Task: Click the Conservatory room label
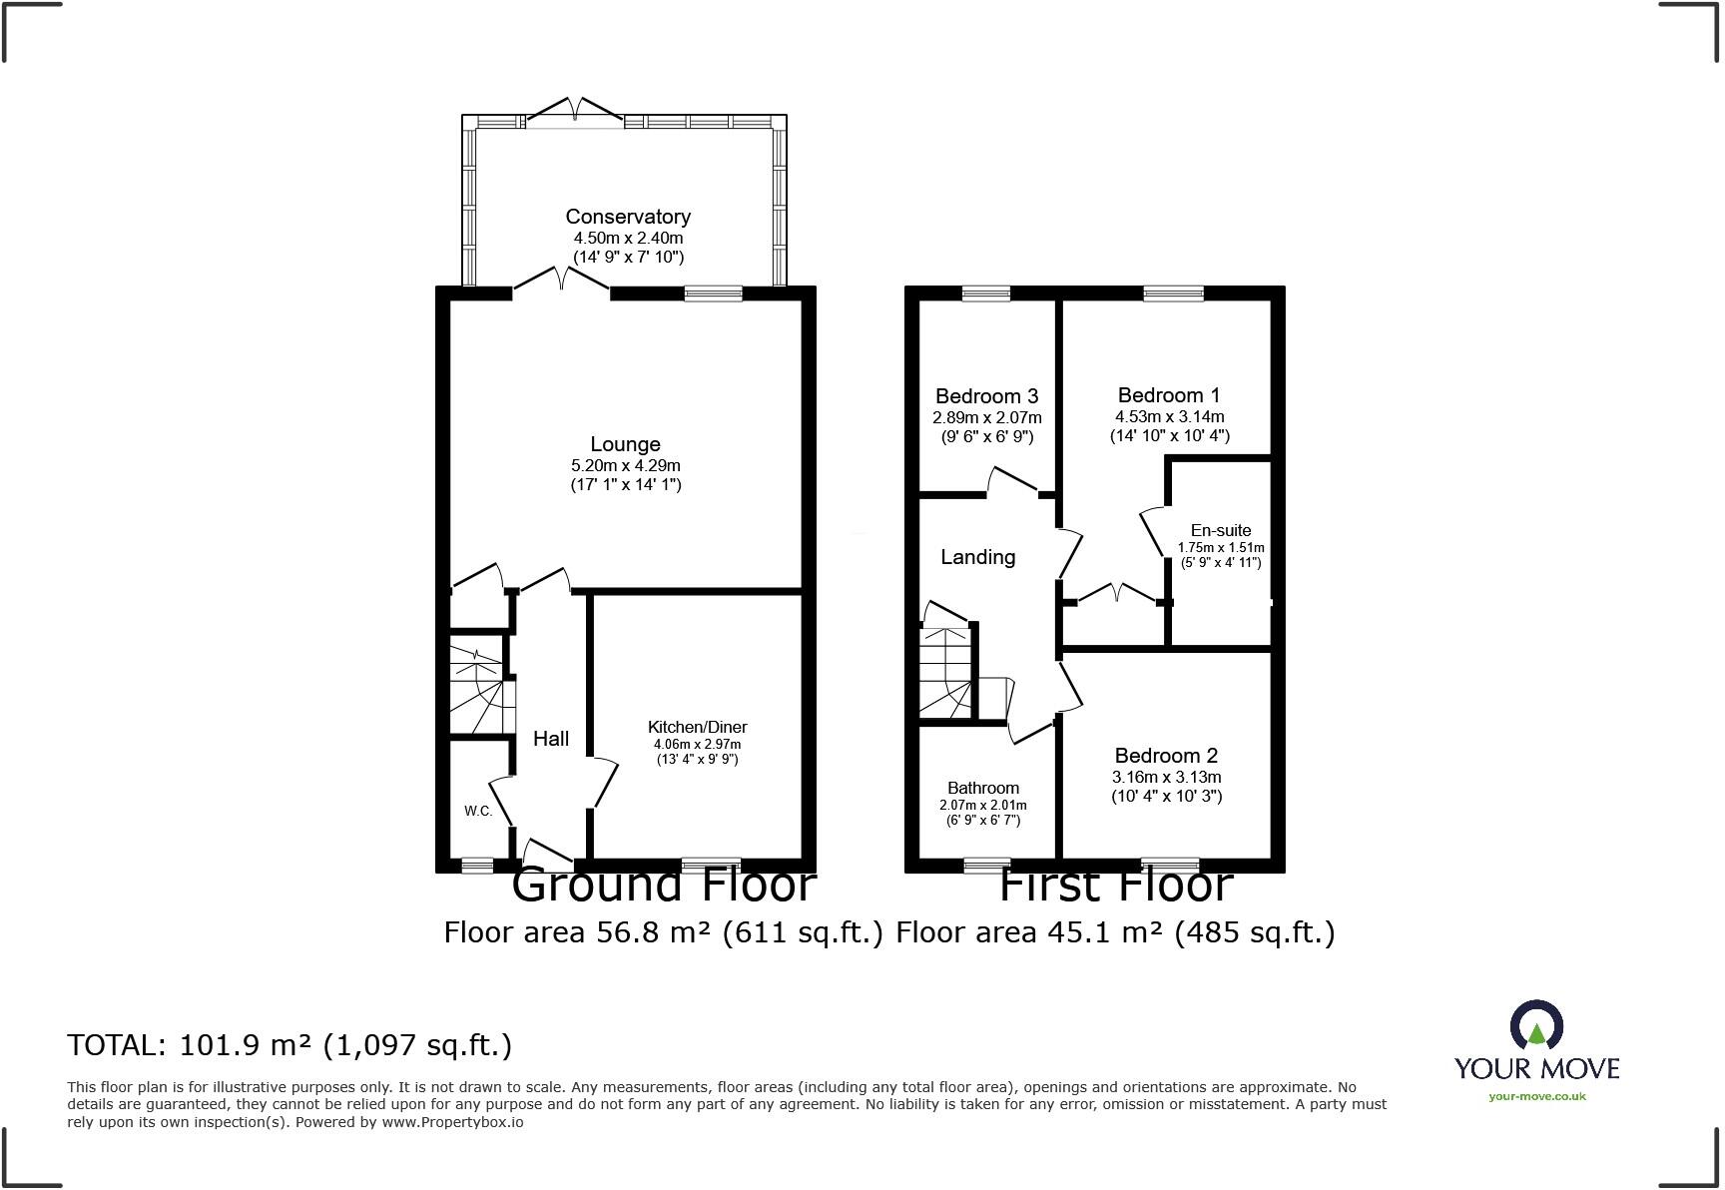[628, 217]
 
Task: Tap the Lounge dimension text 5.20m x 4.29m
[625, 465]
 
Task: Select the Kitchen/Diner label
[697, 727]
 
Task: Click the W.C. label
[478, 811]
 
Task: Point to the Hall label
[551, 739]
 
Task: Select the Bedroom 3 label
[987, 396]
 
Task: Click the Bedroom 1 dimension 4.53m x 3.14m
[1170, 416]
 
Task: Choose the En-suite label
[1220, 530]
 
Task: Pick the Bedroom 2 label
[1166, 756]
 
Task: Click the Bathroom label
[983, 788]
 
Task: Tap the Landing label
[977, 557]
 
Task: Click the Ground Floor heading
[664, 886]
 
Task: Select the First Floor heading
[1116, 886]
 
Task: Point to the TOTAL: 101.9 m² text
[289, 1045]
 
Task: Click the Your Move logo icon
[1536, 1027]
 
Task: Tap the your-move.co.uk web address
[1536, 1096]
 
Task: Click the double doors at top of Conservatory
[575, 111]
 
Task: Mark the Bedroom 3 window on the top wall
[986, 294]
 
